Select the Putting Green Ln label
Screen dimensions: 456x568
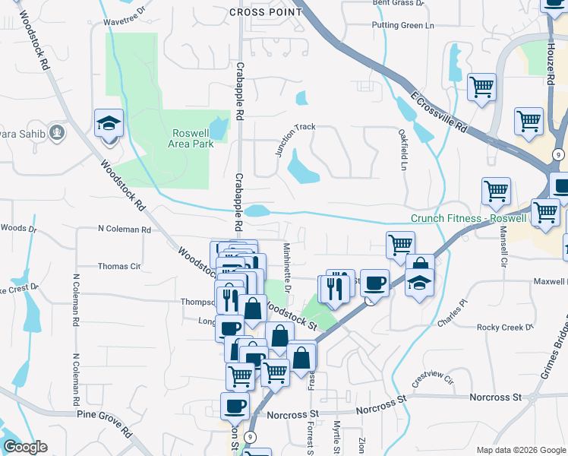pyautogui.click(x=402, y=26)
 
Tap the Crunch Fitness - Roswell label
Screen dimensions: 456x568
pyautogui.click(x=469, y=218)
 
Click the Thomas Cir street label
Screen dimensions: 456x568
pyautogui.click(x=119, y=267)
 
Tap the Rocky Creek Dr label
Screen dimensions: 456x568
pyautogui.click(x=506, y=328)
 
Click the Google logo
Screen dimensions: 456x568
pyautogui.click(x=26, y=447)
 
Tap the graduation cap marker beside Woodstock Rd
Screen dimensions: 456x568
pyautogui.click(x=109, y=122)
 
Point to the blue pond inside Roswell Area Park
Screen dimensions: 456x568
pyautogui.click(x=219, y=128)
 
